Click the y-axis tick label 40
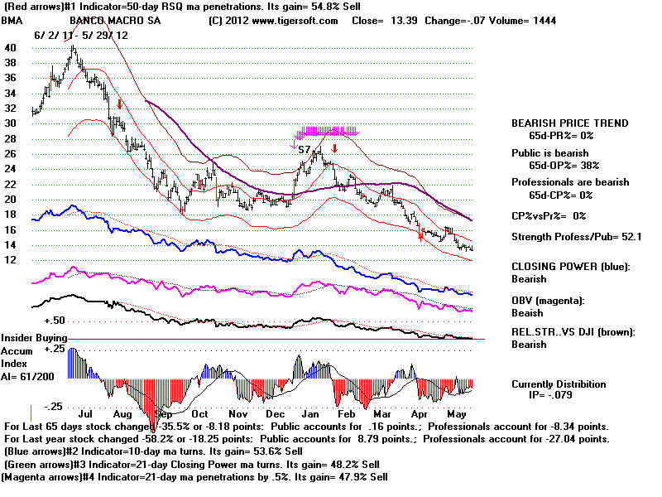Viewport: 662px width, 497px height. pos(10,47)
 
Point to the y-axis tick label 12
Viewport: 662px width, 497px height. pos(10,260)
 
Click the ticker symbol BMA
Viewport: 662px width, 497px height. pos(12,20)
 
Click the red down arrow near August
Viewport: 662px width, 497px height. pos(121,104)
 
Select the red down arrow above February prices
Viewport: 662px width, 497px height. pos(334,148)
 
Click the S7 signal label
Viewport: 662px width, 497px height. pos(304,150)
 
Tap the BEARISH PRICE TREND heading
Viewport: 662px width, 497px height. pos(569,123)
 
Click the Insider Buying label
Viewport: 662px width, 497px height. pos(33,338)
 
